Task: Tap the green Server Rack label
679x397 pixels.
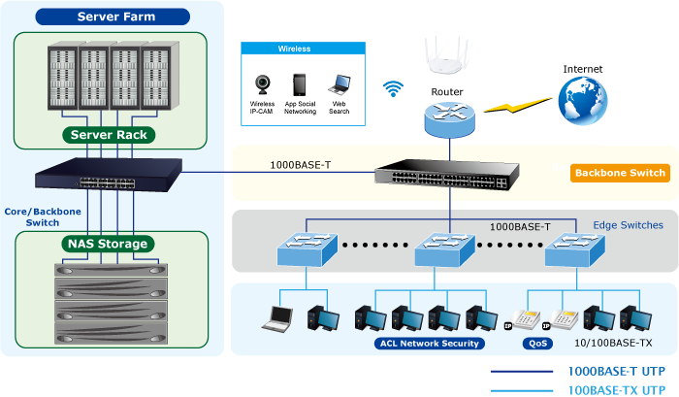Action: click(110, 135)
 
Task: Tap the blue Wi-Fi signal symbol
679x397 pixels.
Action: click(393, 89)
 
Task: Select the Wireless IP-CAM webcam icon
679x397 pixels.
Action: click(262, 84)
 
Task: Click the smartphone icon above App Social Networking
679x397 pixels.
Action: click(301, 84)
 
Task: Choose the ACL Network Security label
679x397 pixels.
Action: click(427, 343)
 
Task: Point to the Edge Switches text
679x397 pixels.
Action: click(628, 225)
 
